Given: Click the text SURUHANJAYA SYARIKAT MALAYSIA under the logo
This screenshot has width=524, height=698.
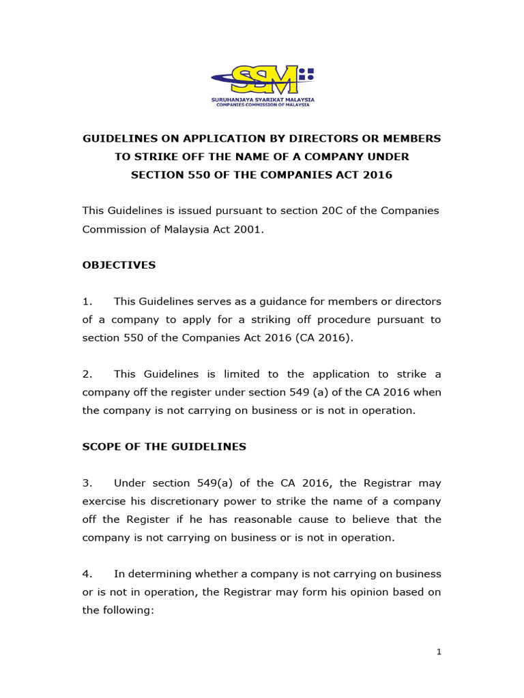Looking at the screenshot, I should coord(262,100).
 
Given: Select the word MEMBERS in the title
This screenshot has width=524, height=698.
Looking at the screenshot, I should coord(411,138).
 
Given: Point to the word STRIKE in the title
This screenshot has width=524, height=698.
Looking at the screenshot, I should coord(155,157).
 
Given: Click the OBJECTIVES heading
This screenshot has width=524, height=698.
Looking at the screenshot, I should coord(119,265).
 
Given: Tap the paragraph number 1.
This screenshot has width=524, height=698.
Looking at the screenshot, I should coord(87,301).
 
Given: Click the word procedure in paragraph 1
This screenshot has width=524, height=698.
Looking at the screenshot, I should coord(343,320).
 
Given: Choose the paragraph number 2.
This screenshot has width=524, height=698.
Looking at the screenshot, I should coord(87,374).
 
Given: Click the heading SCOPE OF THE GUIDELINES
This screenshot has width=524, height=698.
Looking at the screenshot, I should coord(164,446).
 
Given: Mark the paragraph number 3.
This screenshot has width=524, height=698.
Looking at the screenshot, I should coord(87,483).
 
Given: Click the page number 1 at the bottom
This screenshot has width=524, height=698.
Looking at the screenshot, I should coord(439,652).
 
